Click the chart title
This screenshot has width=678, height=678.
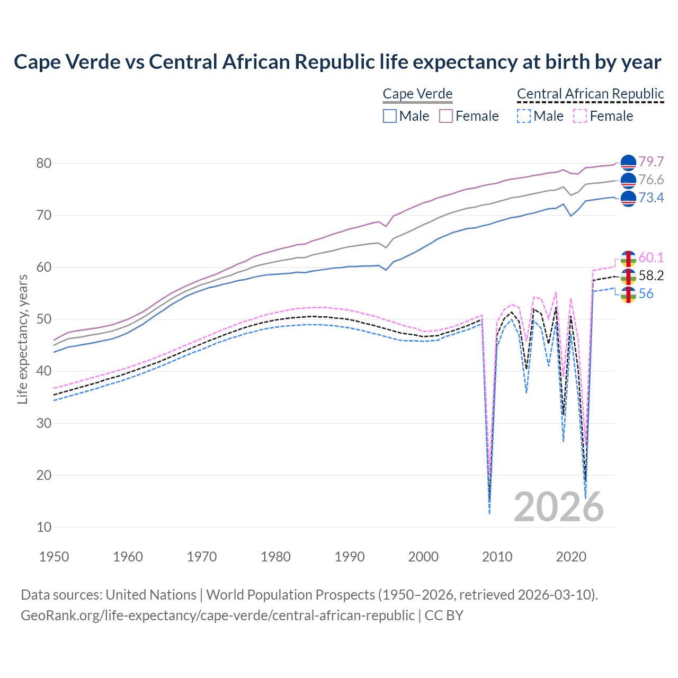point(337,62)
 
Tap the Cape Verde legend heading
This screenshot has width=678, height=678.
point(417,94)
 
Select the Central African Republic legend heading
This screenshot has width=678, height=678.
point(590,94)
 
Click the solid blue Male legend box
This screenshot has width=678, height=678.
point(390,116)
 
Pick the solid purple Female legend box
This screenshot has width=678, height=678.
point(446,116)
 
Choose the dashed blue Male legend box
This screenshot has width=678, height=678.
point(523,116)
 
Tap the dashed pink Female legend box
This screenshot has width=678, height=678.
point(580,116)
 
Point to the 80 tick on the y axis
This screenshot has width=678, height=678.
point(44,163)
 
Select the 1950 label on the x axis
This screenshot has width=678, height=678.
point(55,557)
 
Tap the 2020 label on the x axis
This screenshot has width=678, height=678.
point(571,557)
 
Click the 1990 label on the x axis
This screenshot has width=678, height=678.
point(350,557)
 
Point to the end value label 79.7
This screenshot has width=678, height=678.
point(651,162)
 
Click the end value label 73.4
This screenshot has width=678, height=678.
point(651,198)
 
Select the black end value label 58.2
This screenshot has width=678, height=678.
point(651,275)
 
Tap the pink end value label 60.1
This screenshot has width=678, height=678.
point(651,257)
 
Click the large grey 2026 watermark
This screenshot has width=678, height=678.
point(559,507)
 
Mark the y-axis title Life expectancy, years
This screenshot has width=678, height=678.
point(22,339)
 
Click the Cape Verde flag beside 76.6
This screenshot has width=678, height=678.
point(628,180)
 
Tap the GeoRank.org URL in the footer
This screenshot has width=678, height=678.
point(217,615)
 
